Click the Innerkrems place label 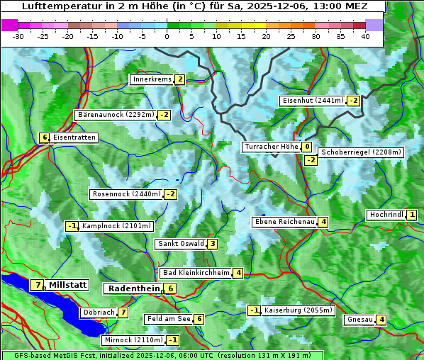click(x=152, y=79)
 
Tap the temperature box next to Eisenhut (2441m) click(x=353, y=101)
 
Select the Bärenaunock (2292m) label click(x=116, y=114)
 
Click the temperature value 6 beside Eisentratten click(x=44, y=137)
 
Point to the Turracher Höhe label click(x=271, y=147)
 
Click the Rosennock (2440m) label click(x=126, y=194)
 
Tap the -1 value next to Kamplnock click(x=72, y=226)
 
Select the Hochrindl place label click(x=386, y=215)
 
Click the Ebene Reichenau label click(x=284, y=222)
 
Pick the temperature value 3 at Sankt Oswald click(x=212, y=244)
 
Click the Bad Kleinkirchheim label click(x=196, y=273)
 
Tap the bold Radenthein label click(x=133, y=288)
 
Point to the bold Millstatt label click(x=68, y=285)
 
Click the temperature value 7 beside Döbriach click(x=123, y=312)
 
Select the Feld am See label click(x=168, y=319)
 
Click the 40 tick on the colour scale click(x=365, y=36)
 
